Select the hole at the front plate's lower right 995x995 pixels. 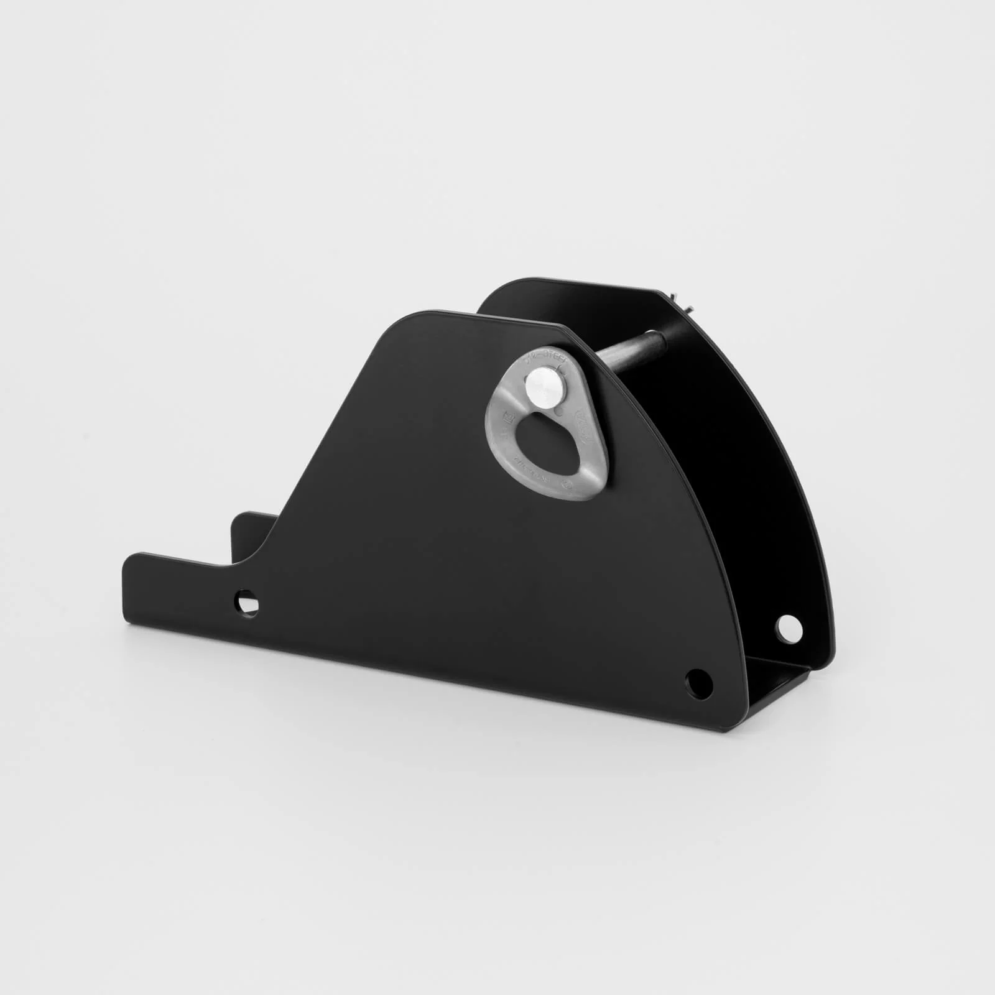pyautogui.click(x=696, y=678)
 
